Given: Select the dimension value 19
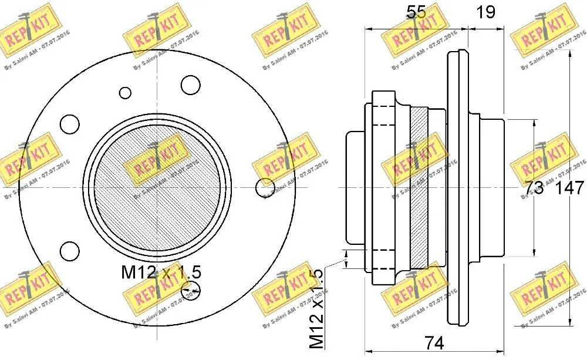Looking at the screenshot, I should [486, 11].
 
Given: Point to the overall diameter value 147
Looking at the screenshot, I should [569, 188].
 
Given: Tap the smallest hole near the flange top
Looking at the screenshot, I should [126, 92].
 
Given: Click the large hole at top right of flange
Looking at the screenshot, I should [191, 85].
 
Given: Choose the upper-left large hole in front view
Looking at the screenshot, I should [70, 123].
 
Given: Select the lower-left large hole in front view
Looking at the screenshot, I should [70, 250].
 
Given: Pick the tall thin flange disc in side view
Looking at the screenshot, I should [457, 188].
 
